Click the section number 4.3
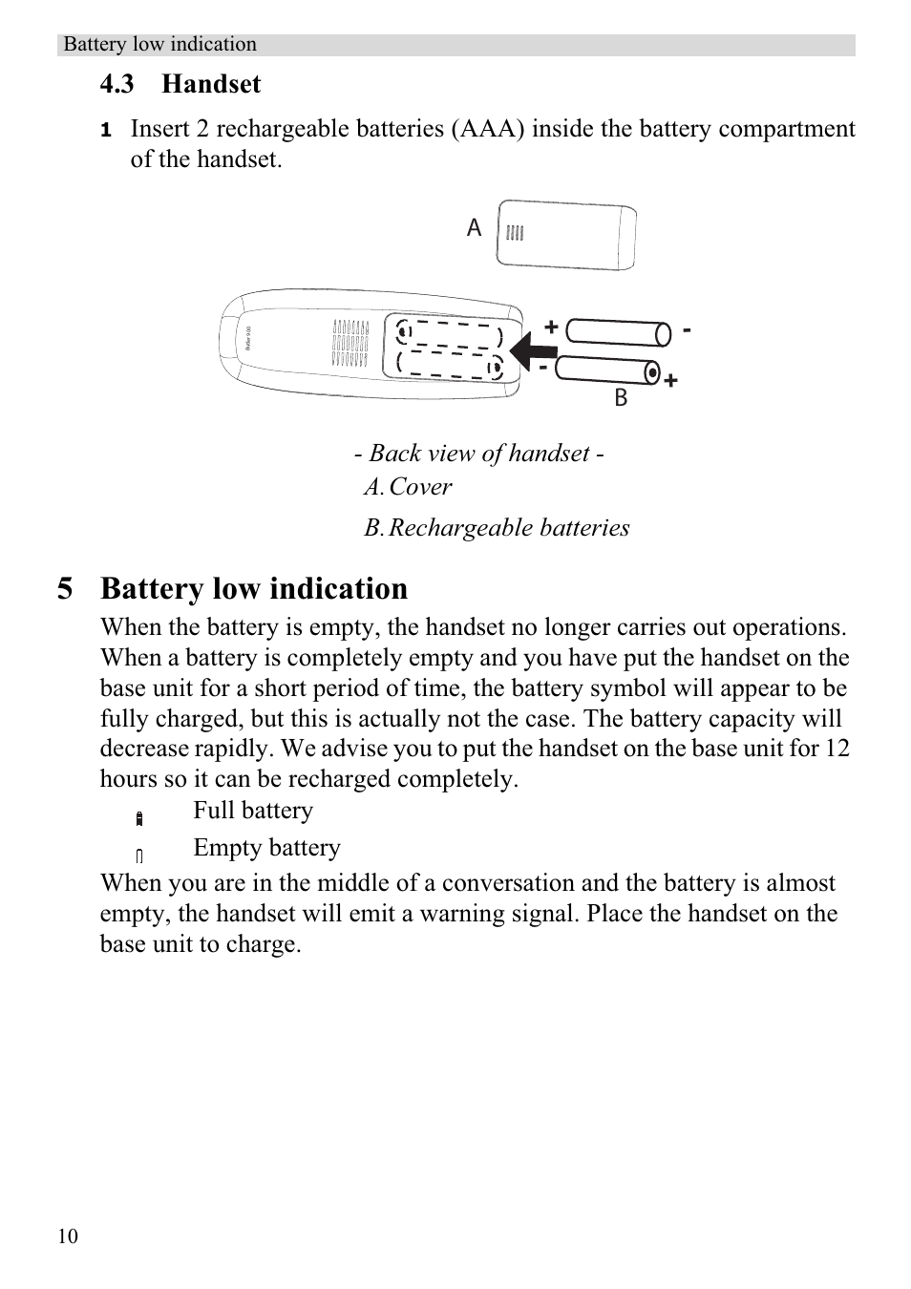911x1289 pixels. [x=117, y=84]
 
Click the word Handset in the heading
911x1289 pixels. [x=211, y=84]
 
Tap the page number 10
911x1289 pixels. [x=68, y=1236]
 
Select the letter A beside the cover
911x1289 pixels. [x=474, y=227]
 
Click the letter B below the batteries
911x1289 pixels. [x=621, y=397]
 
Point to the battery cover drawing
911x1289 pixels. [x=566, y=235]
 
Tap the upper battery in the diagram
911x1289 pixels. [x=618, y=331]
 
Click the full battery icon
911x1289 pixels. [x=139, y=818]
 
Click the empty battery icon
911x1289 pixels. [x=139, y=856]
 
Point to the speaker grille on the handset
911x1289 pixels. [x=350, y=344]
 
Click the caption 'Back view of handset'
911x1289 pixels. [x=478, y=453]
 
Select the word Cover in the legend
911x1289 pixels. [x=420, y=487]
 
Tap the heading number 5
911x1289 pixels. [x=65, y=588]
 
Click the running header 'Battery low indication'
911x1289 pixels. [x=159, y=44]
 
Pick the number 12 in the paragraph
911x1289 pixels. [x=837, y=749]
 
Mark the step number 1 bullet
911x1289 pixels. [x=106, y=130]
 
